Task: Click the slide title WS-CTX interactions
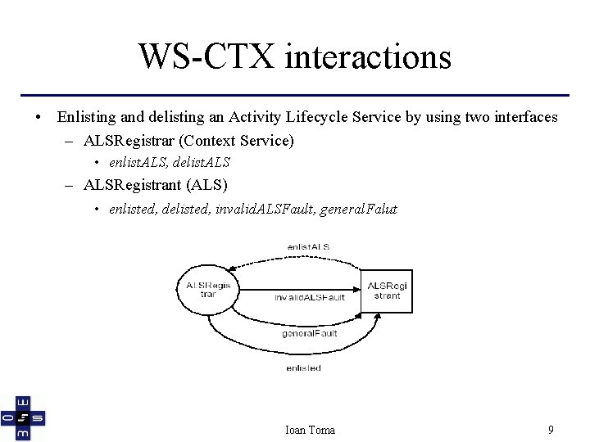tap(294, 57)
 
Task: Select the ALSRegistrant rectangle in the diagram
tap(387, 291)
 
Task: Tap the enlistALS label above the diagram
tap(308, 246)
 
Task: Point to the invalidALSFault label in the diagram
tap(309, 297)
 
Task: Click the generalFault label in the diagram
tap(309, 333)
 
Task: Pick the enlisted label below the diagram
tap(303, 368)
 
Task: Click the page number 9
tap(551, 429)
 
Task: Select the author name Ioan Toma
tap(309, 430)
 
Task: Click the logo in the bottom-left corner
tap(23, 417)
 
